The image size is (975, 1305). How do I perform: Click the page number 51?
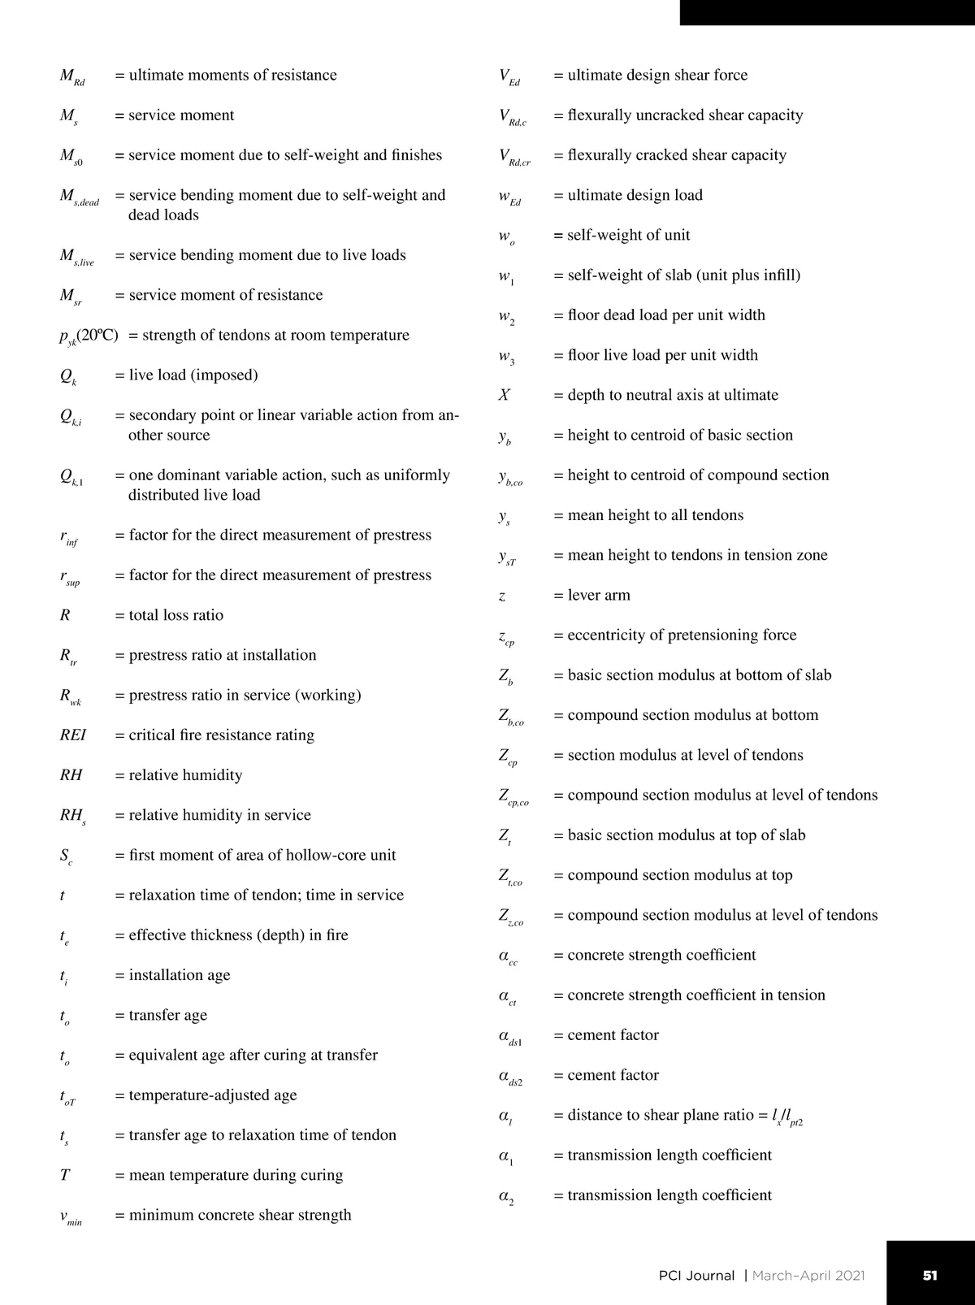tap(930, 1275)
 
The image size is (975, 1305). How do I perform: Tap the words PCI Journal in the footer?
tap(696, 1276)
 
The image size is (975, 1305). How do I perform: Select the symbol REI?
tap(73, 735)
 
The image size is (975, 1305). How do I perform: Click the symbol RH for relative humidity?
tap(71, 774)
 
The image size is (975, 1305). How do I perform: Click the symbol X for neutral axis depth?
tap(505, 395)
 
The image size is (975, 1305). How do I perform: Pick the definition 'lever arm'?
tap(598, 595)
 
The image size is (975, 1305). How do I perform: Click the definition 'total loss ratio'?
tap(175, 615)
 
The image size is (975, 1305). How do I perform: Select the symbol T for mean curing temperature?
tap(65, 1175)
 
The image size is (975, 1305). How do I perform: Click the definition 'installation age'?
tap(179, 975)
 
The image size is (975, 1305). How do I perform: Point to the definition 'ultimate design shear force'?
tap(657, 75)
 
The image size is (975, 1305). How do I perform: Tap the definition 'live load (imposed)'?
tap(193, 375)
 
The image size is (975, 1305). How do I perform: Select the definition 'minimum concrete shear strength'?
tap(240, 1215)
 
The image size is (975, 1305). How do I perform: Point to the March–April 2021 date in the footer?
tap(808, 1276)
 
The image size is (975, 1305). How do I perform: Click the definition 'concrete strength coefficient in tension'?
tap(695, 995)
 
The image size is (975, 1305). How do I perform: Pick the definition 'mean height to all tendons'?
tap(655, 515)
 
